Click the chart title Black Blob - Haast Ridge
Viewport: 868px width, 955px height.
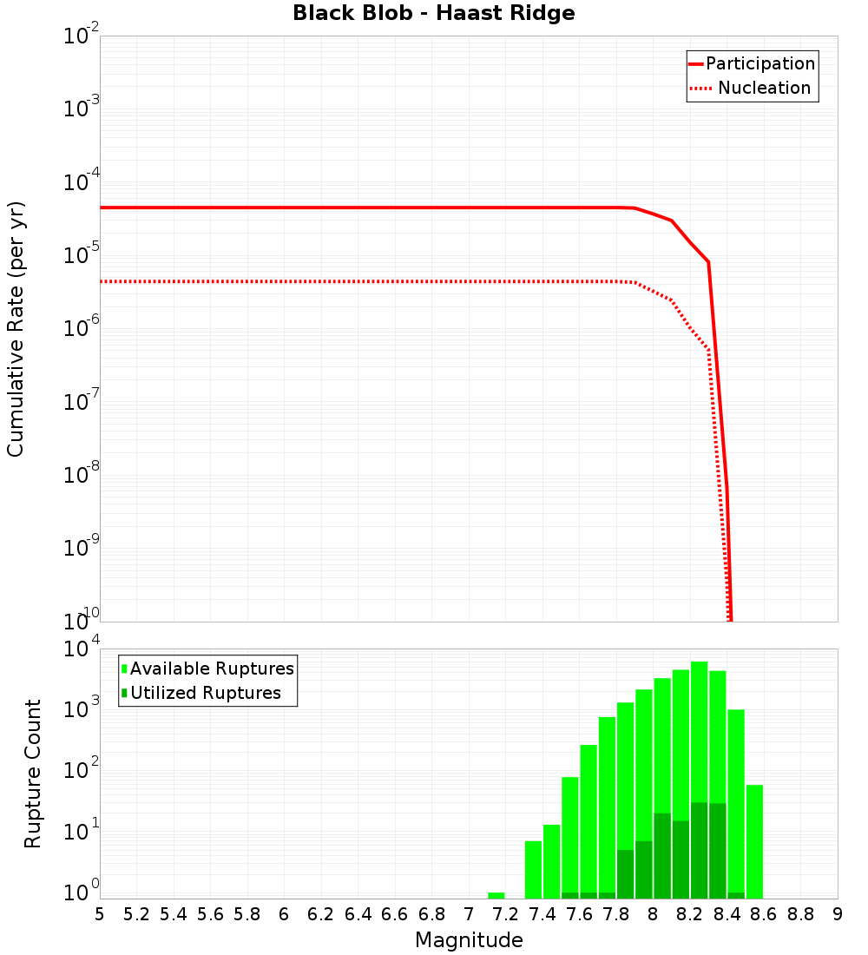click(x=433, y=14)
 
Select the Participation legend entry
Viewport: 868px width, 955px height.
click(x=759, y=64)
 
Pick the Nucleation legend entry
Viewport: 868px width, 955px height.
click(x=764, y=89)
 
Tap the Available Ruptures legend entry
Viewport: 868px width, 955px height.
click(x=211, y=669)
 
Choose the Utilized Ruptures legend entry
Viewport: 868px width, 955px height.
click(x=205, y=694)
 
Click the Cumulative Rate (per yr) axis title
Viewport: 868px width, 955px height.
click(x=16, y=328)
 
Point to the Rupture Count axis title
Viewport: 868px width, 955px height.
click(x=33, y=774)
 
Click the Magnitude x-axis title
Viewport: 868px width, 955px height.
click(x=469, y=940)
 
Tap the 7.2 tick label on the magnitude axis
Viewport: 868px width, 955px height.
click(x=505, y=914)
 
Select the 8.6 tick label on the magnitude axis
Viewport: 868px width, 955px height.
click(x=764, y=914)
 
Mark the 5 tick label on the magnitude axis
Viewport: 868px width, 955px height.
click(x=100, y=914)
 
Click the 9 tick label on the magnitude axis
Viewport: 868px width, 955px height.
click(x=838, y=914)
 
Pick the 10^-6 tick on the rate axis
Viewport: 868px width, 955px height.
click(x=82, y=330)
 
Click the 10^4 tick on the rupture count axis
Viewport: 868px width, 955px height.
click(x=82, y=649)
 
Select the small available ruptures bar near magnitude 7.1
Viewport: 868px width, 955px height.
click(x=496, y=895)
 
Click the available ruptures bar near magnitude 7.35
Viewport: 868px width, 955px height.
click(x=533, y=869)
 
